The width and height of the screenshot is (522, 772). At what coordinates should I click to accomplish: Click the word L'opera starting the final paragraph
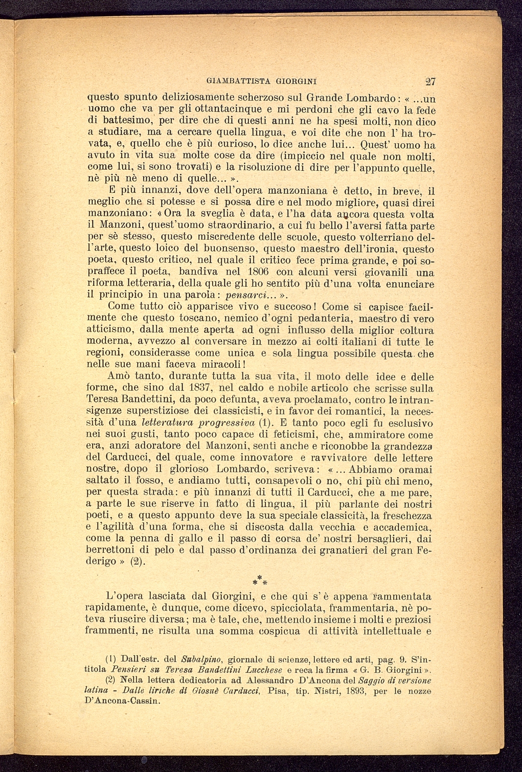[125, 596]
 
